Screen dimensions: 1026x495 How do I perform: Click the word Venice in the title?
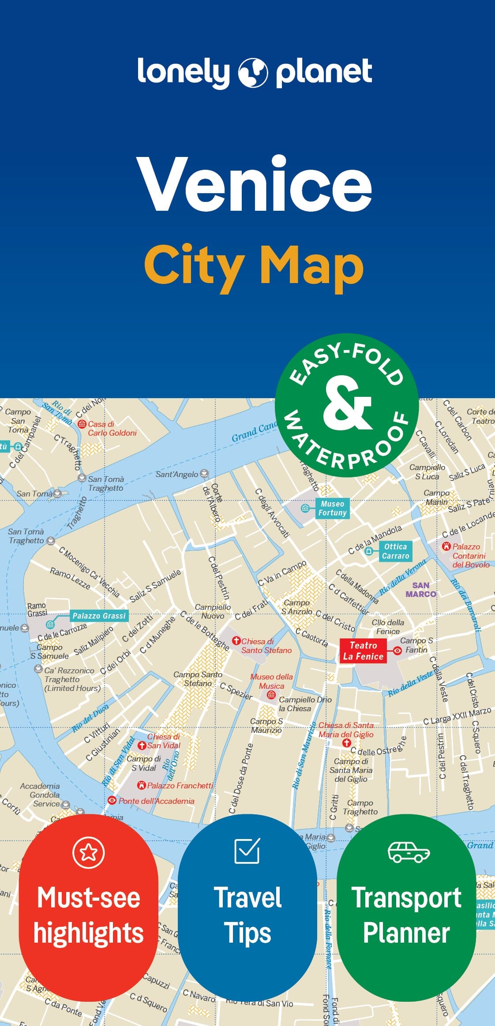click(255, 184)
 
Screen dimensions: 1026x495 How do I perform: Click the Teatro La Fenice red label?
click(363, 651)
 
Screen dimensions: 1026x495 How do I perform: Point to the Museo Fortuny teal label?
click(332, 508)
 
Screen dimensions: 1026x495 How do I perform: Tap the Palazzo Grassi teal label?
click(99, 616)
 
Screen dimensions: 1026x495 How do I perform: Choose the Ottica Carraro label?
click(395, 551)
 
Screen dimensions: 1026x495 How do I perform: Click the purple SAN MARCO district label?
click(420, 589)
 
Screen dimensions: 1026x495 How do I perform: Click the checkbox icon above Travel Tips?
click(247, 851)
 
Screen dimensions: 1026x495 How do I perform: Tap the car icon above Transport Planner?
click(409, 852)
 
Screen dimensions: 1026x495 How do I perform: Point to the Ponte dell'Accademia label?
click(156, 801)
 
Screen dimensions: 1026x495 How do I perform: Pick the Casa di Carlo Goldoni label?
click(112, 428)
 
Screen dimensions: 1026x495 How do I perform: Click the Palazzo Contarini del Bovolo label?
click(470, 556)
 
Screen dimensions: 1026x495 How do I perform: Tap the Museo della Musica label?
click(271, 681)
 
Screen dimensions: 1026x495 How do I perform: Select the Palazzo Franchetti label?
click(180, 785)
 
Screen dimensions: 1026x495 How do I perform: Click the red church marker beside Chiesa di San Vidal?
click(142, 746)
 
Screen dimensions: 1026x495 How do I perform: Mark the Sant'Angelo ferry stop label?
click(177, 474)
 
